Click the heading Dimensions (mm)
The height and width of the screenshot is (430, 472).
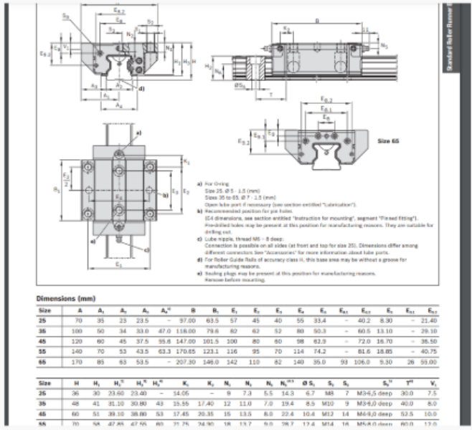tap(65, 297)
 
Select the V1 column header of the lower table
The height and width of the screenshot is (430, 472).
tap(428, 383)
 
